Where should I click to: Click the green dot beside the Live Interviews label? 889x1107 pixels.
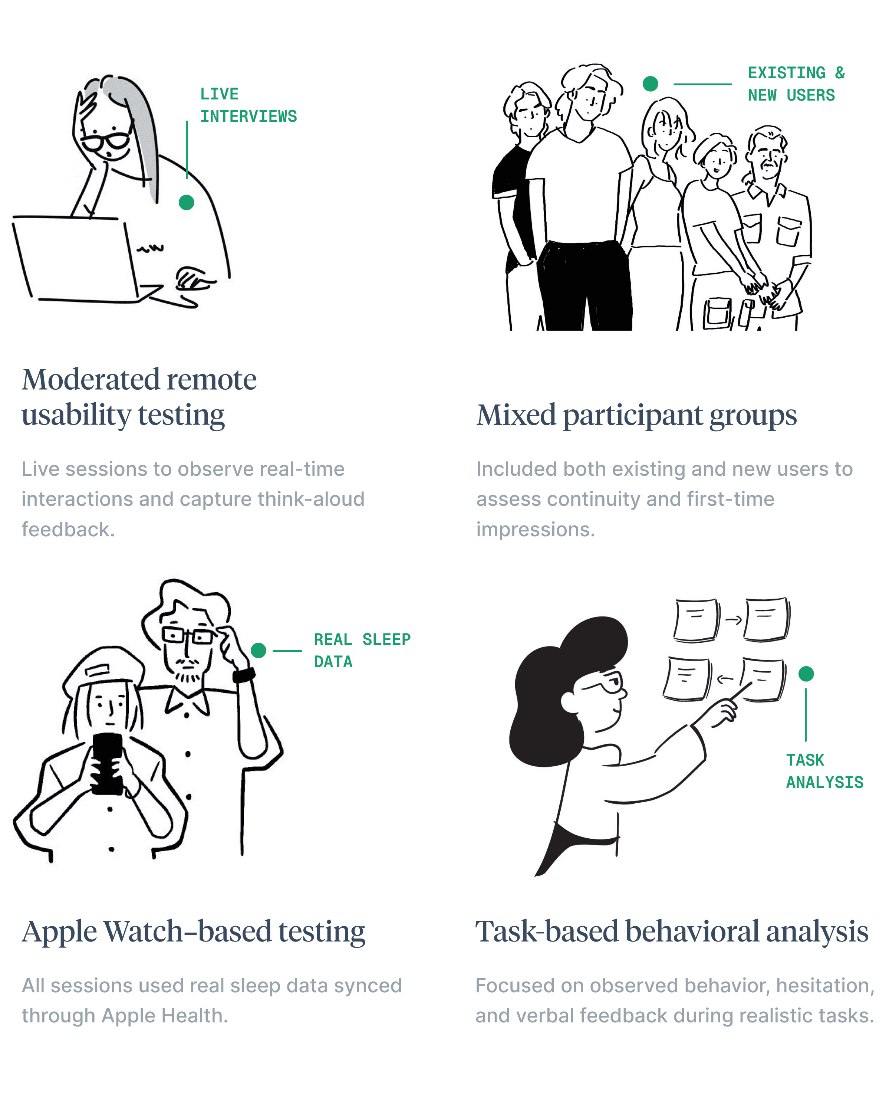[186, 202]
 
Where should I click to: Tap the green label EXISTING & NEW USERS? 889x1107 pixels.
[795, 84]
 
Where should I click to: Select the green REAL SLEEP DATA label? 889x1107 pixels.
[362, 651]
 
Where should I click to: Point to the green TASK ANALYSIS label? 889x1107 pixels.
[824, 771]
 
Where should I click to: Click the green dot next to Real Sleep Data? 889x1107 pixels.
[258, 650]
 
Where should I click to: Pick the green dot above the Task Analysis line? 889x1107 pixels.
[806, 674]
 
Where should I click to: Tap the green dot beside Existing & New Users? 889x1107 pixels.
[650, 84]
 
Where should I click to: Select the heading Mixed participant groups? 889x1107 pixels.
[636, 415]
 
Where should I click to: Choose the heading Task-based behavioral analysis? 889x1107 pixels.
[671, 931]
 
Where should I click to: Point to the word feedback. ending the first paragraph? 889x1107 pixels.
[68, 529]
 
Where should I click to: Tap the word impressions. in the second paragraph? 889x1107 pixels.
[535, 529]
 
